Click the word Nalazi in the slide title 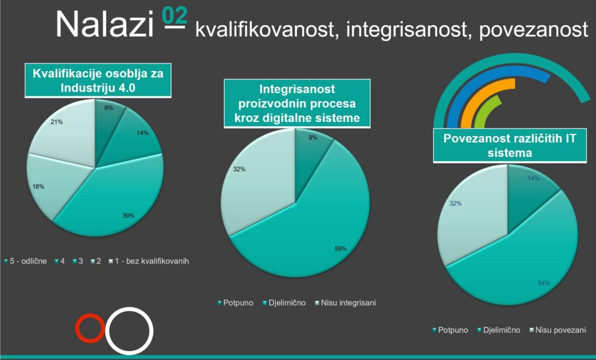click(105, 24)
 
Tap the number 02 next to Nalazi click(175, 16)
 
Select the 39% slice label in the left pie click(129, 216)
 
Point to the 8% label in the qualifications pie click(109, 108)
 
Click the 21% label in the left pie click(56, 122)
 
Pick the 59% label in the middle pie click(340, 249)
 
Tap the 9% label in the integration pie click(313, 137)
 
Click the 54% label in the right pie click(544, 283)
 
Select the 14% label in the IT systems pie click(533, 178)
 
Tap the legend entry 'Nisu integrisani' click(346, 302)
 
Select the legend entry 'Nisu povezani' click(558, 330)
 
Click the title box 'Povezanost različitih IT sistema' click(510, 145)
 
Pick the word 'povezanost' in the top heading click(534, 30)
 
